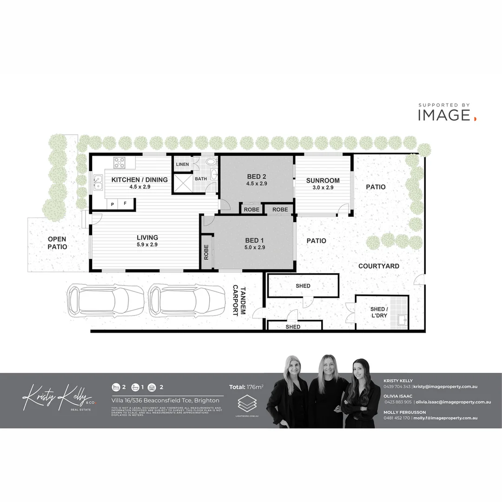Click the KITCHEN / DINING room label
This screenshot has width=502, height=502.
(x=139, y=180)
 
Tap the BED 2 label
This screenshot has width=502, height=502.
(x=257, y=177)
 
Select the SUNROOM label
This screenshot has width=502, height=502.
(x=323, y=180)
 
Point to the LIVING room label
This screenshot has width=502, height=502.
(x=147, y=238)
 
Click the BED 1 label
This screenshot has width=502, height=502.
(x=255, y=240)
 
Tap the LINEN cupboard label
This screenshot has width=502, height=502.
(x=182, y=164)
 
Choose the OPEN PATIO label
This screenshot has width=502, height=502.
(x=57, y=243)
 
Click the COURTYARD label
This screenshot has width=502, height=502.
(x=379, y=266)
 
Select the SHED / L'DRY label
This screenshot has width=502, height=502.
(x=378, y=312)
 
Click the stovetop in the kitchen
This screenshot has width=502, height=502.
(x=119, y=162)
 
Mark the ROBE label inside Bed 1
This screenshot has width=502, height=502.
(x=206, y=252)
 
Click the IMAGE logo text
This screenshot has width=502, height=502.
(x=444, y=115)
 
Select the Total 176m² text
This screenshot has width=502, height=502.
(x=246, y=387)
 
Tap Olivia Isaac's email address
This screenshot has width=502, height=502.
(x=447, y=402)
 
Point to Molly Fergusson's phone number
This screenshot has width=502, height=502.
(x=397, y=418)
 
